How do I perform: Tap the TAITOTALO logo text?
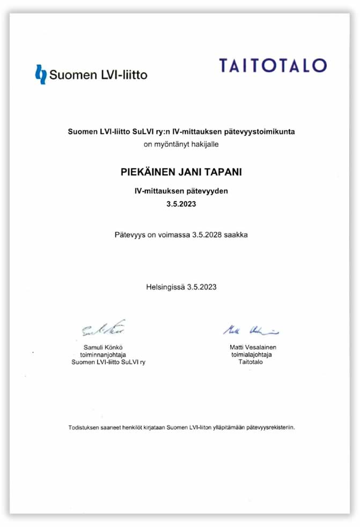[273, 65]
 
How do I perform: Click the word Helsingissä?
[165, 287]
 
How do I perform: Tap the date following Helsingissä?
[202, 287]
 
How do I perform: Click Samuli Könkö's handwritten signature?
[104, 328]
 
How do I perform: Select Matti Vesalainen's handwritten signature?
[251, 329]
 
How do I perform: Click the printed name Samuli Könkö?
[104, 347]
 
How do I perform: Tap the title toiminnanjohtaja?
[104, 354]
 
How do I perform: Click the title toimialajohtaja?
[251, 354]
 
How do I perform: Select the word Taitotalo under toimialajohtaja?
[251, 362]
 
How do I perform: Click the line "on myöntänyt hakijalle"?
[181, 144]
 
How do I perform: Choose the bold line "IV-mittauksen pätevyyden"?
[181, 191]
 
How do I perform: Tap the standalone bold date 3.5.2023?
[181, 204]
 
